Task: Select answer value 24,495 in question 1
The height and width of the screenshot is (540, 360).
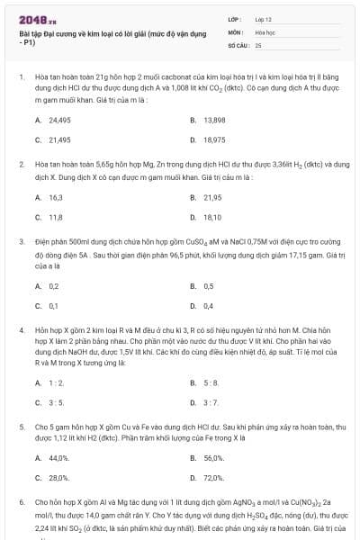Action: [58, 120]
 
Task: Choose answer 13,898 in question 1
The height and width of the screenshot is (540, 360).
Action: [213, 120]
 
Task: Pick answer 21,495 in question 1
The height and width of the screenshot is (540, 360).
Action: [58, 140]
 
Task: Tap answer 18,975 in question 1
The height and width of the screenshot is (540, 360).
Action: [213, 140]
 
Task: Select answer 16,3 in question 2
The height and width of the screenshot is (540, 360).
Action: [55, 197]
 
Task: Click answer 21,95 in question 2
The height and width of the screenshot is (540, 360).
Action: [211, 197]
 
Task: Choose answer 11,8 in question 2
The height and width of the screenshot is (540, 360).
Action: [55, 218]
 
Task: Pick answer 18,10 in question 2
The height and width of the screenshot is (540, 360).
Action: [211, 218]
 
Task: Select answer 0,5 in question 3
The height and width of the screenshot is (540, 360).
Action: [208, 286]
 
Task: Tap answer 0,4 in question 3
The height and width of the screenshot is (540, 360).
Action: [208, 307]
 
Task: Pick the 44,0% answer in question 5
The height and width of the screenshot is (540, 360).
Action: [58, 458]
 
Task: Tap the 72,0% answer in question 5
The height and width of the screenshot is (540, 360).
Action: [213, 478]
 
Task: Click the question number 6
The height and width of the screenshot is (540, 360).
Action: [21, 500]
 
